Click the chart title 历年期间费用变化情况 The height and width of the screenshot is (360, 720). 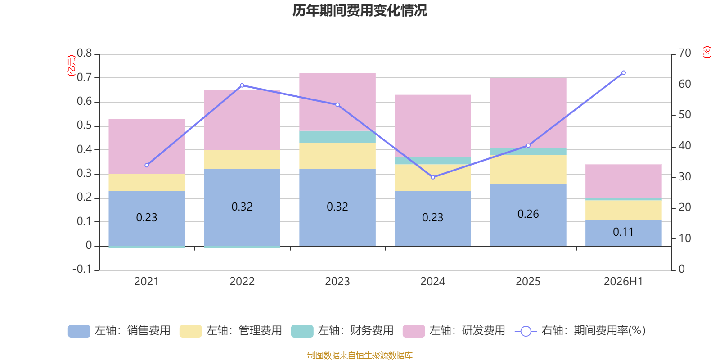(x=360, y=11)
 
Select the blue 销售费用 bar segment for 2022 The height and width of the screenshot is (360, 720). (x=242, y=207)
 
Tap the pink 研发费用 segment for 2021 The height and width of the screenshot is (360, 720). (x=147, y=147)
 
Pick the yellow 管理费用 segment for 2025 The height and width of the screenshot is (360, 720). (x=528, y=169)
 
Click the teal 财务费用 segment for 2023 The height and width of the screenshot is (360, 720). (x=337, y=137)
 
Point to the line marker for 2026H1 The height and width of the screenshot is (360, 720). (x=624, y=73)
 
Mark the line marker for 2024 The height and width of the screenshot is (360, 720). (x=433, y=177)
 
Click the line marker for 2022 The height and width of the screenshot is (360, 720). (x=242, y=85)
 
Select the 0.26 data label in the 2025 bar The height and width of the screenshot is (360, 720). (x=528, y=214)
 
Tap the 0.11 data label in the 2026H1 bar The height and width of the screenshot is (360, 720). (x=623, y=232)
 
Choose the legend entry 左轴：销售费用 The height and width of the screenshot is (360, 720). (x=119, y=331)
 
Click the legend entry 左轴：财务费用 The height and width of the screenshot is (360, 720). (x=342, y=331)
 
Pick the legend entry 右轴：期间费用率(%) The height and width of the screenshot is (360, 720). (x=580, y=331)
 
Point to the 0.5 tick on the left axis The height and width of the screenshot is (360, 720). (x=84, y=126)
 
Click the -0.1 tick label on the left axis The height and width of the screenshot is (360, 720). (x=82, y=269)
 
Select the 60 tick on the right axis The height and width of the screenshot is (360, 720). (x=684, y=84)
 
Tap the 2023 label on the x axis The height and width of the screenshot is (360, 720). (x=337, y=282)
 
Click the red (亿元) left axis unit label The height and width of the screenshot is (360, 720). (x=72, y=66)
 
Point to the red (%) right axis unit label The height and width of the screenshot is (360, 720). (x=706, y=52)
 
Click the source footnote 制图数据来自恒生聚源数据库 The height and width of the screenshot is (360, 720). (x=360, y=355)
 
